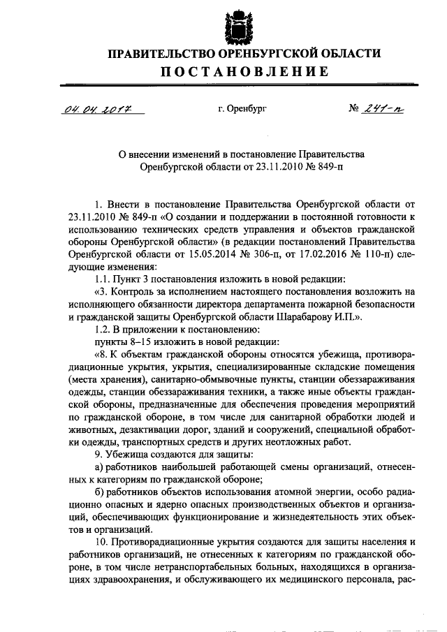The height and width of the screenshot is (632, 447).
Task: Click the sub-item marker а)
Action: (x=98, y=467)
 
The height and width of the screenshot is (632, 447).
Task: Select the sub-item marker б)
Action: (x=98, y=492)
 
